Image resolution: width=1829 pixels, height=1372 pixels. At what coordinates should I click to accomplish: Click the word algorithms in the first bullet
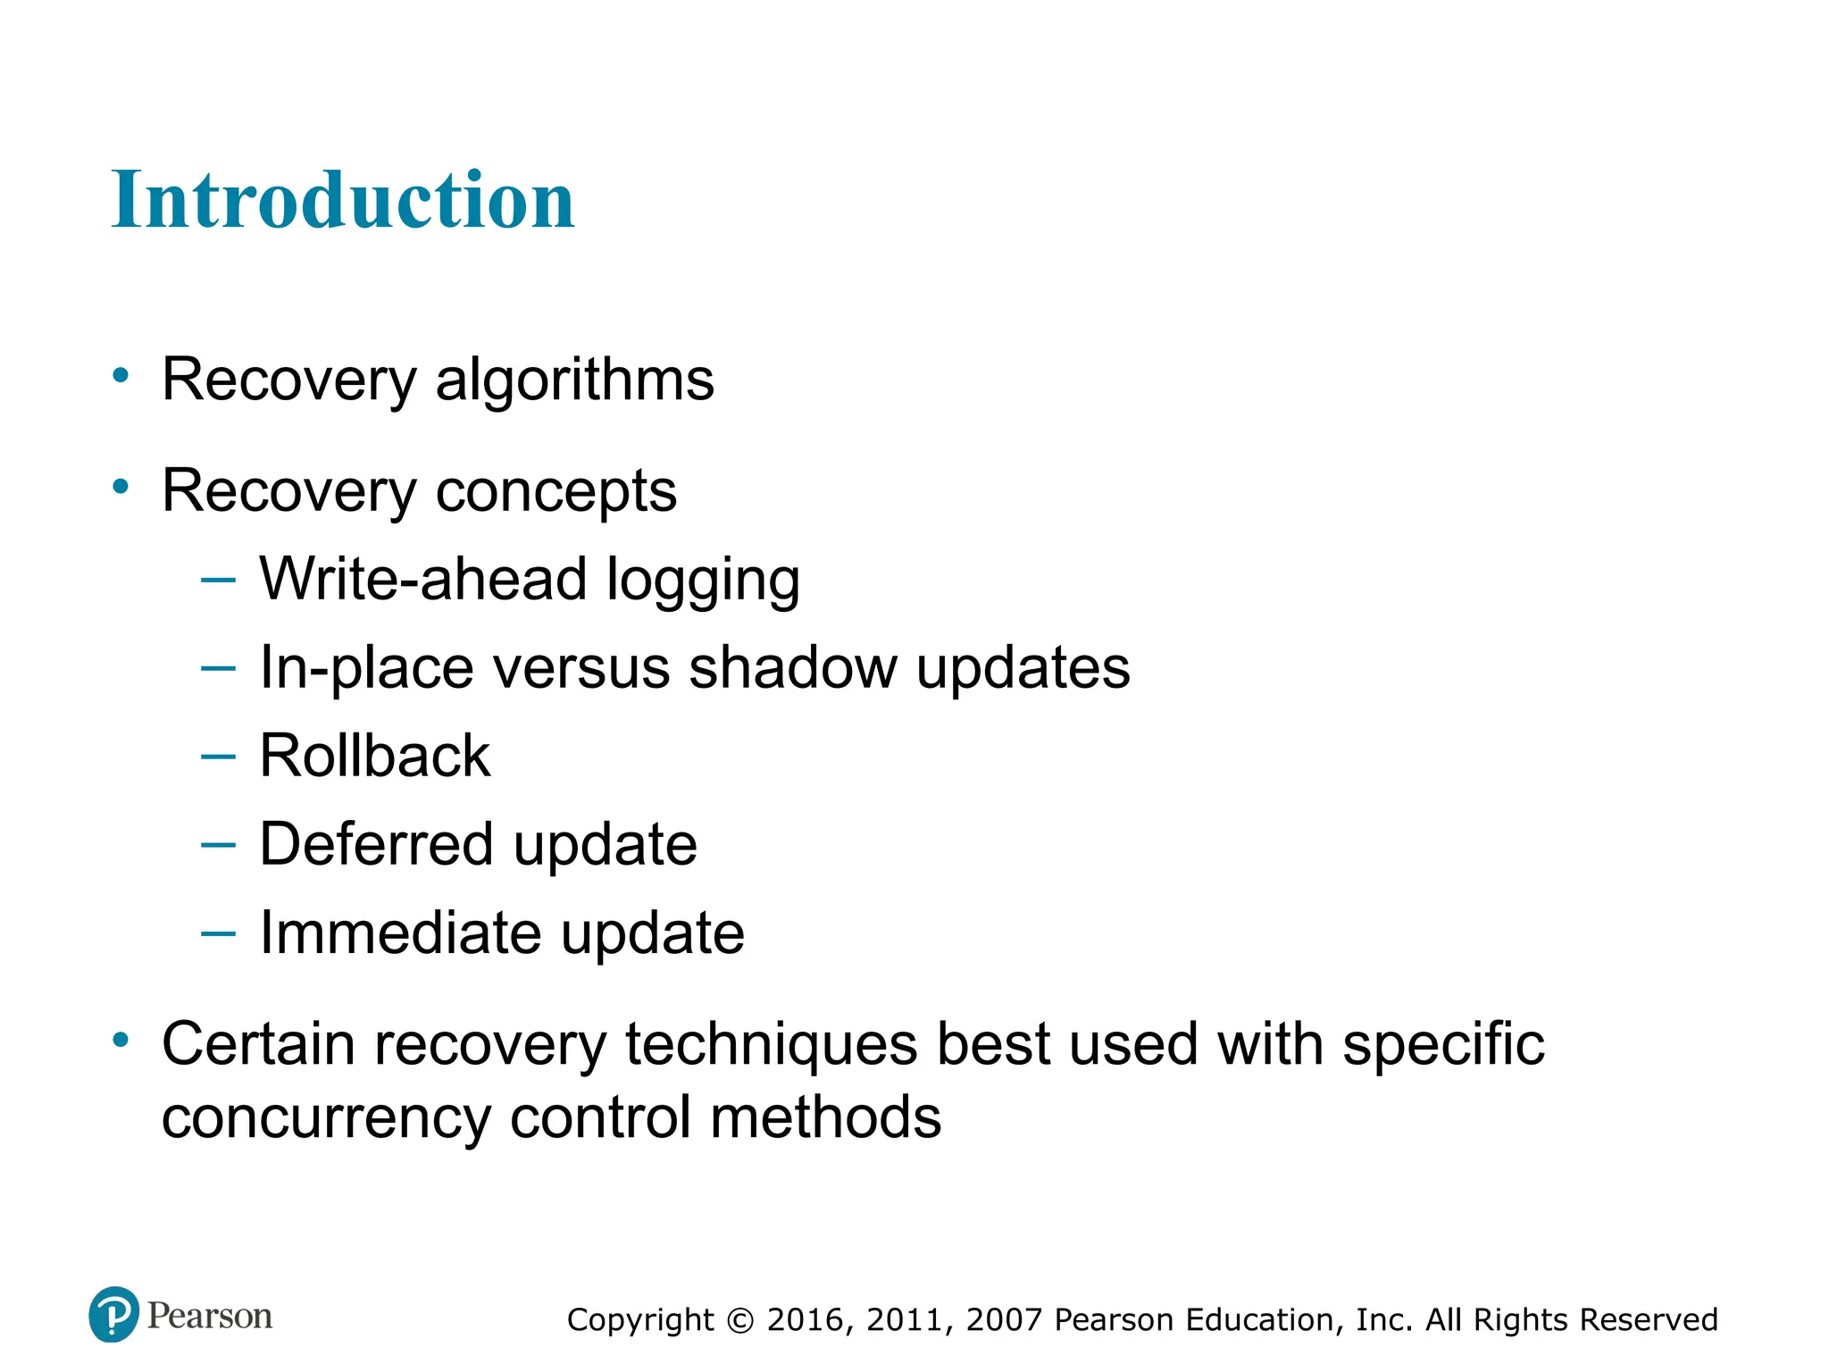pyautogui.click(x=574, y=381)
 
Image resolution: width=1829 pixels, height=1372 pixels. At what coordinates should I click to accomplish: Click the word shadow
pyautogui.click(x=792, y=667)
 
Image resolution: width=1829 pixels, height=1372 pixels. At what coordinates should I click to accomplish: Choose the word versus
pyautogui.click(x=580, y=669)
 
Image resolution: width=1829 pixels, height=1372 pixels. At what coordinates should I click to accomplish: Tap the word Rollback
pyautogui.click(x=374, y=756)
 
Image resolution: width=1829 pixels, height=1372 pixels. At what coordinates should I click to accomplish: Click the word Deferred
pyautogui.click(x=376, y=844)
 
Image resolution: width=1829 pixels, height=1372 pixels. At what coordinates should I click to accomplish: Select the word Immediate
pyautogui.click(x=400, y=933)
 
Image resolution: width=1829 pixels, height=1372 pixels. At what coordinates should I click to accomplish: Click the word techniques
pyautogui.click(x=770, y=1045)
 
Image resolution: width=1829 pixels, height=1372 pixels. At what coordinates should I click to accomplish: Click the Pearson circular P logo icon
pyautogui.click(x=114, y=1315)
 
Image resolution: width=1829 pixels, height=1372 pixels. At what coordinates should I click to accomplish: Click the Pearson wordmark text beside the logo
pyautogui.click(x=209, y=1316)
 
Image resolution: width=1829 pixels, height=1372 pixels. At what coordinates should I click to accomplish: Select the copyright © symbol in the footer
pyautogui.click(x=740, y=1320)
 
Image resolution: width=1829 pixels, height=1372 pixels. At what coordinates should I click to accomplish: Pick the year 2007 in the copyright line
pyautogui.click(x=1005, y=1320)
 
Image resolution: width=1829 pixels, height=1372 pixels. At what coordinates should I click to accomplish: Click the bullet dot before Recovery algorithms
pyautogui.click(x=121, y=376)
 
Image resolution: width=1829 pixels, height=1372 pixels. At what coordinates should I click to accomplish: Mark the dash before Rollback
pyautogui.click(x=218, y=757)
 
